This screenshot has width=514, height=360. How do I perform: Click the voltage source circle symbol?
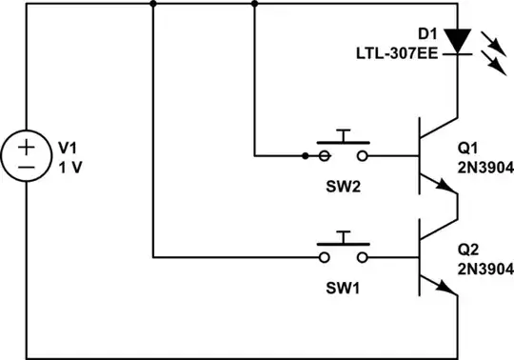27,156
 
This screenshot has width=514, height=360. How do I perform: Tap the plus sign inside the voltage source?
27,147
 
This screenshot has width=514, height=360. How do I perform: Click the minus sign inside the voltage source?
27,167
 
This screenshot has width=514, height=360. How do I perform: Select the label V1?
69,148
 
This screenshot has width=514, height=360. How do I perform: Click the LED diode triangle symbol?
459,41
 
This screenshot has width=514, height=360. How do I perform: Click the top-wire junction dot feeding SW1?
152,3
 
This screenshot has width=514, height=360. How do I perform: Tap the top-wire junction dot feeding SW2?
254,3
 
